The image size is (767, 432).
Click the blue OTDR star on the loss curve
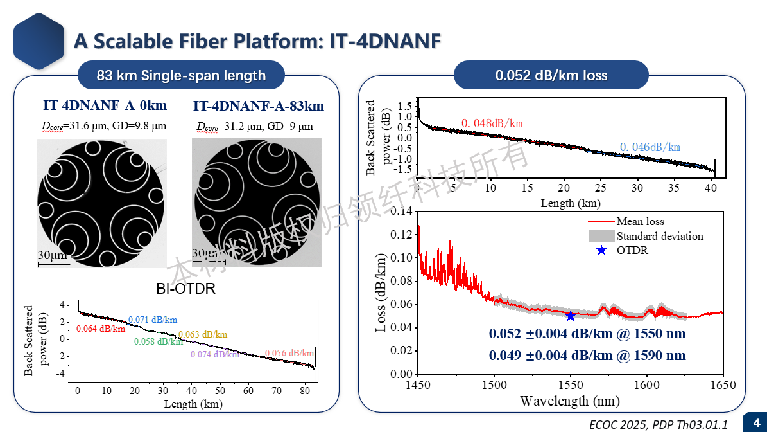tap(571, 316)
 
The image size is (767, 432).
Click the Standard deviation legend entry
tap(659, 236)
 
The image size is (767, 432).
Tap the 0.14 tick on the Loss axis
tap(403, 212)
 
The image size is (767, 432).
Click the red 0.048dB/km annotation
tap(492, 123)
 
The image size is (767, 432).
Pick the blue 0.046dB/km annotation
tap(650, 147)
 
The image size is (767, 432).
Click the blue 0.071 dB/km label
tap(153, 319)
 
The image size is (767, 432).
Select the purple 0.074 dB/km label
tap(215, 354)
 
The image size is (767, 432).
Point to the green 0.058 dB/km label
tap(159, 342)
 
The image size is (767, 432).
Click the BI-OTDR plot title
tap(186, 289)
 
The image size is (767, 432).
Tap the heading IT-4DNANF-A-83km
tap(258, 106)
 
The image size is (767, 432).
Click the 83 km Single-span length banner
tap(181, 76)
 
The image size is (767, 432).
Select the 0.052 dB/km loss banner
tap(551, 76)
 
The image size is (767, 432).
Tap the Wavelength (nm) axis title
tap(570, 402)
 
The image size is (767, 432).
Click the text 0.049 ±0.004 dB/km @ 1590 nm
tap(587, 355)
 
